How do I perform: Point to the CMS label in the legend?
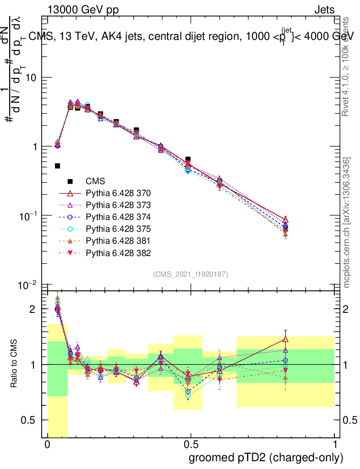95,181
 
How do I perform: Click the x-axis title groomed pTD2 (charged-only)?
265,458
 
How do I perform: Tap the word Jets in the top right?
324,10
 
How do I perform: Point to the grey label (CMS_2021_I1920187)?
191,274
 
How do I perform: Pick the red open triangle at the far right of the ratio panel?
285,339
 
